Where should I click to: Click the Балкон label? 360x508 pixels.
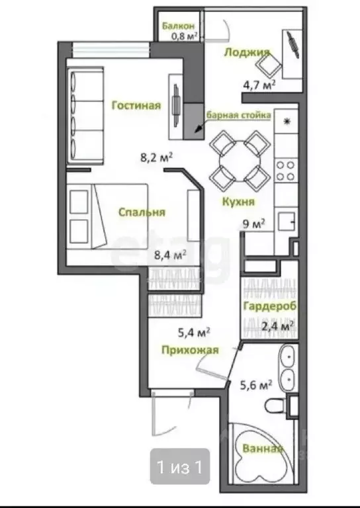(x=179, y=26)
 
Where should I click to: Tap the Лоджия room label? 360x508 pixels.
(x=247, y=52)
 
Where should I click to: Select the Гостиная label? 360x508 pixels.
(x=136, y=105)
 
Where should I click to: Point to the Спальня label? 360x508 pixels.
(x=142, y=212)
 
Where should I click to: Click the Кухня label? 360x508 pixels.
(x=238, y=202)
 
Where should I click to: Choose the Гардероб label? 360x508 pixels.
(x=270, y=306)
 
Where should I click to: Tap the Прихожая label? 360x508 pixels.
(x=190, y=350)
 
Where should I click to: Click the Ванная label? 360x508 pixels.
(x=263, y=448)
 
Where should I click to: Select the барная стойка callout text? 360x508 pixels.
(x=239, y=115)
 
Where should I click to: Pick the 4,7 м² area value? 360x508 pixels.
(x=259, y=86)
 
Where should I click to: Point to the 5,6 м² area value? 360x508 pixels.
(x=255, y=385)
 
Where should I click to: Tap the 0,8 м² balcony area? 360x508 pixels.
(x=185, y=36)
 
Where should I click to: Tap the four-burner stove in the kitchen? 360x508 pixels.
(x=286, y=171)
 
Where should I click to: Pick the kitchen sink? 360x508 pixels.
(x=287, y=222)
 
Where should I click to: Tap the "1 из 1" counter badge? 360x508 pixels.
(x=180, y=466)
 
